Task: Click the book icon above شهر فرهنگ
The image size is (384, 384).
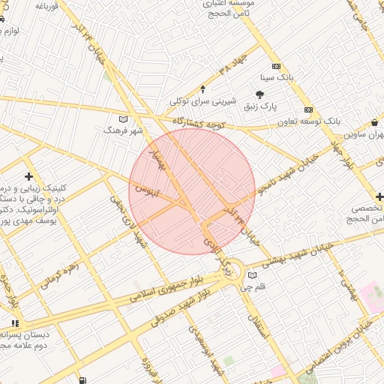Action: click(124, 118)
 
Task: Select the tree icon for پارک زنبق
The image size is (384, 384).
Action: click(260, 94)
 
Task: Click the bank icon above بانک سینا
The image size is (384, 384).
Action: click(276, 66)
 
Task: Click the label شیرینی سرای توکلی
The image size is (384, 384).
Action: click(202, 100)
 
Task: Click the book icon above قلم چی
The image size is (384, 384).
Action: click(251, 275)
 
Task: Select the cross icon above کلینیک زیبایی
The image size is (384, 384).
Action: click(28, 177)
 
